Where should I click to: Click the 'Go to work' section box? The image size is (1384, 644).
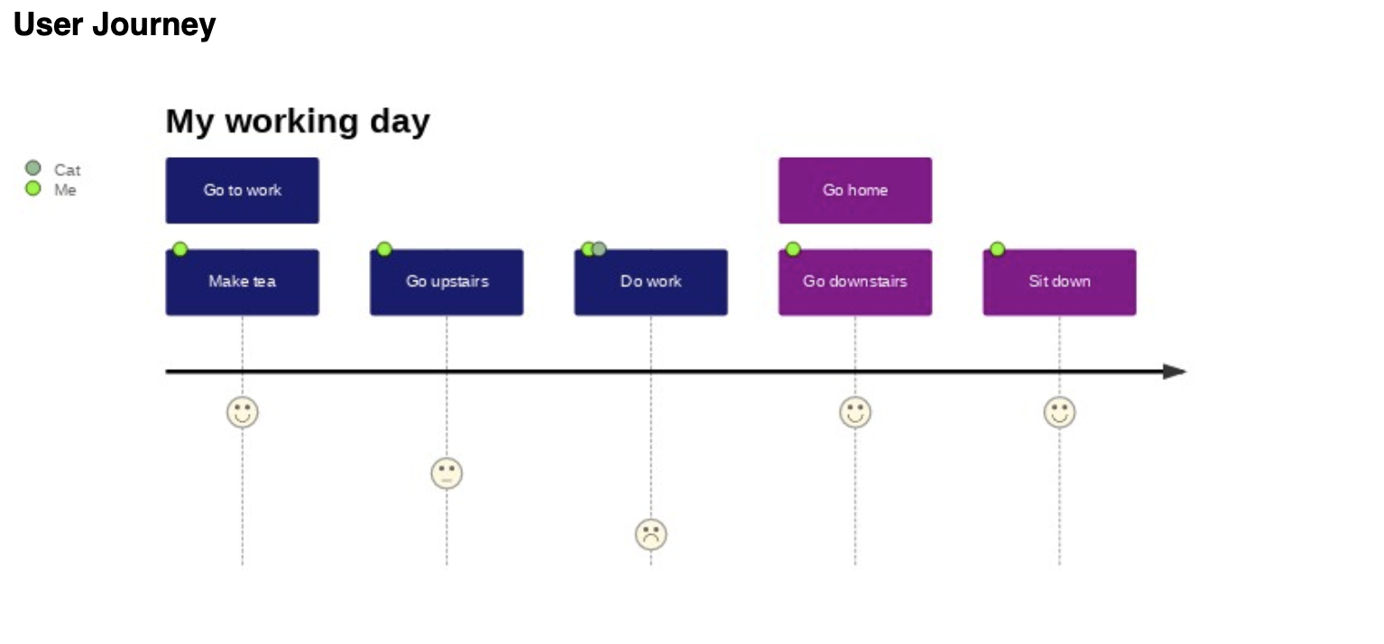[242, 190]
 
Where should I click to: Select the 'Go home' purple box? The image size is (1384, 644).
[854, 190]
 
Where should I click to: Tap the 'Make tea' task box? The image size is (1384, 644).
[242, 282]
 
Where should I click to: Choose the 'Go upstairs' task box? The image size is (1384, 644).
[447, 282]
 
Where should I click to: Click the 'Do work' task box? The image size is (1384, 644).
[650, 282]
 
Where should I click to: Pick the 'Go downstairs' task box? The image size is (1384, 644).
[854, 282]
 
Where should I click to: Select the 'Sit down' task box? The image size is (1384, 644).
[1059, 282]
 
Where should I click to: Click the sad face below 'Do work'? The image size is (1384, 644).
[650, 535]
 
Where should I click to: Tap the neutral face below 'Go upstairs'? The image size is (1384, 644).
[447, 474]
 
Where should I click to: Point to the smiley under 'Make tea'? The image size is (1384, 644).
[242, 412]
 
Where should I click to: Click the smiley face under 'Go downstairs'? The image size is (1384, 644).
[854, 412]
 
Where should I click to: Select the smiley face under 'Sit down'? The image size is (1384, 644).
[1059, 412]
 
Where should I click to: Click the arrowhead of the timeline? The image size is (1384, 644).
[1176, 372]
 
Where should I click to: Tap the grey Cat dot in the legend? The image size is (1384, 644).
[33, 169]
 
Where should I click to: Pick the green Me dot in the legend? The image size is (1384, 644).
[33, 189]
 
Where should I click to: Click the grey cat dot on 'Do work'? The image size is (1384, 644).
[599, 249]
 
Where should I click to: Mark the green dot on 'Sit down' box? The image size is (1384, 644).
[997, 249]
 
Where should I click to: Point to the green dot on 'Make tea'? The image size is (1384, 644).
[180, 249]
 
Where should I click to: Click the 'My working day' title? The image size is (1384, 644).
[298, 121]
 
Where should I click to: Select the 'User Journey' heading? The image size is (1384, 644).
[115, 25]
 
